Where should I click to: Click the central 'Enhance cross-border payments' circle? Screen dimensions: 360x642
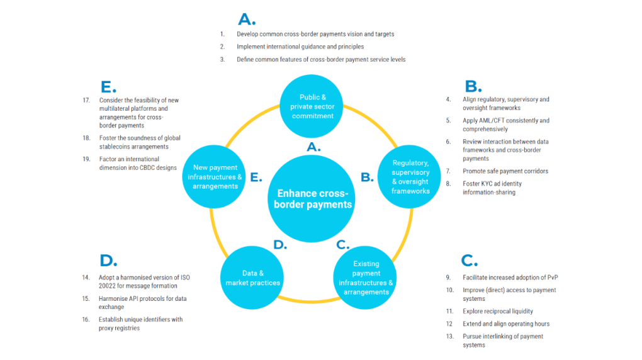(313, 199)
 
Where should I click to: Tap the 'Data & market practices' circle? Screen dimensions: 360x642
(253, 278)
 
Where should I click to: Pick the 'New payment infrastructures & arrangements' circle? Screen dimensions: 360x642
(214, 177)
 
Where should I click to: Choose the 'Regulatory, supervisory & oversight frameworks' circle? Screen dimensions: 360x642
(410, 177)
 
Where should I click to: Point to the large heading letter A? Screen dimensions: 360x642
(247, 19)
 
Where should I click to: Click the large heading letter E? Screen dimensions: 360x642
(108, 87)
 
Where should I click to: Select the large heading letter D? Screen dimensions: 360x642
(108, 261)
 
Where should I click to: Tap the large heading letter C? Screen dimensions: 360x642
(469, 261)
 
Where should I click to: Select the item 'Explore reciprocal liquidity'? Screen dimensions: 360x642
(498, 311)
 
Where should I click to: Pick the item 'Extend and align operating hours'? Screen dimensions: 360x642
(506, 323)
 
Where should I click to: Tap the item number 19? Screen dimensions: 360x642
(86, 159)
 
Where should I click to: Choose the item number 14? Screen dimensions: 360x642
(86, 278)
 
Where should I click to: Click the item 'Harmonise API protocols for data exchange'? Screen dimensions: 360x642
(142, 303)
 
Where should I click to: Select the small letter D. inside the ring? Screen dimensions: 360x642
(280, 245)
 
